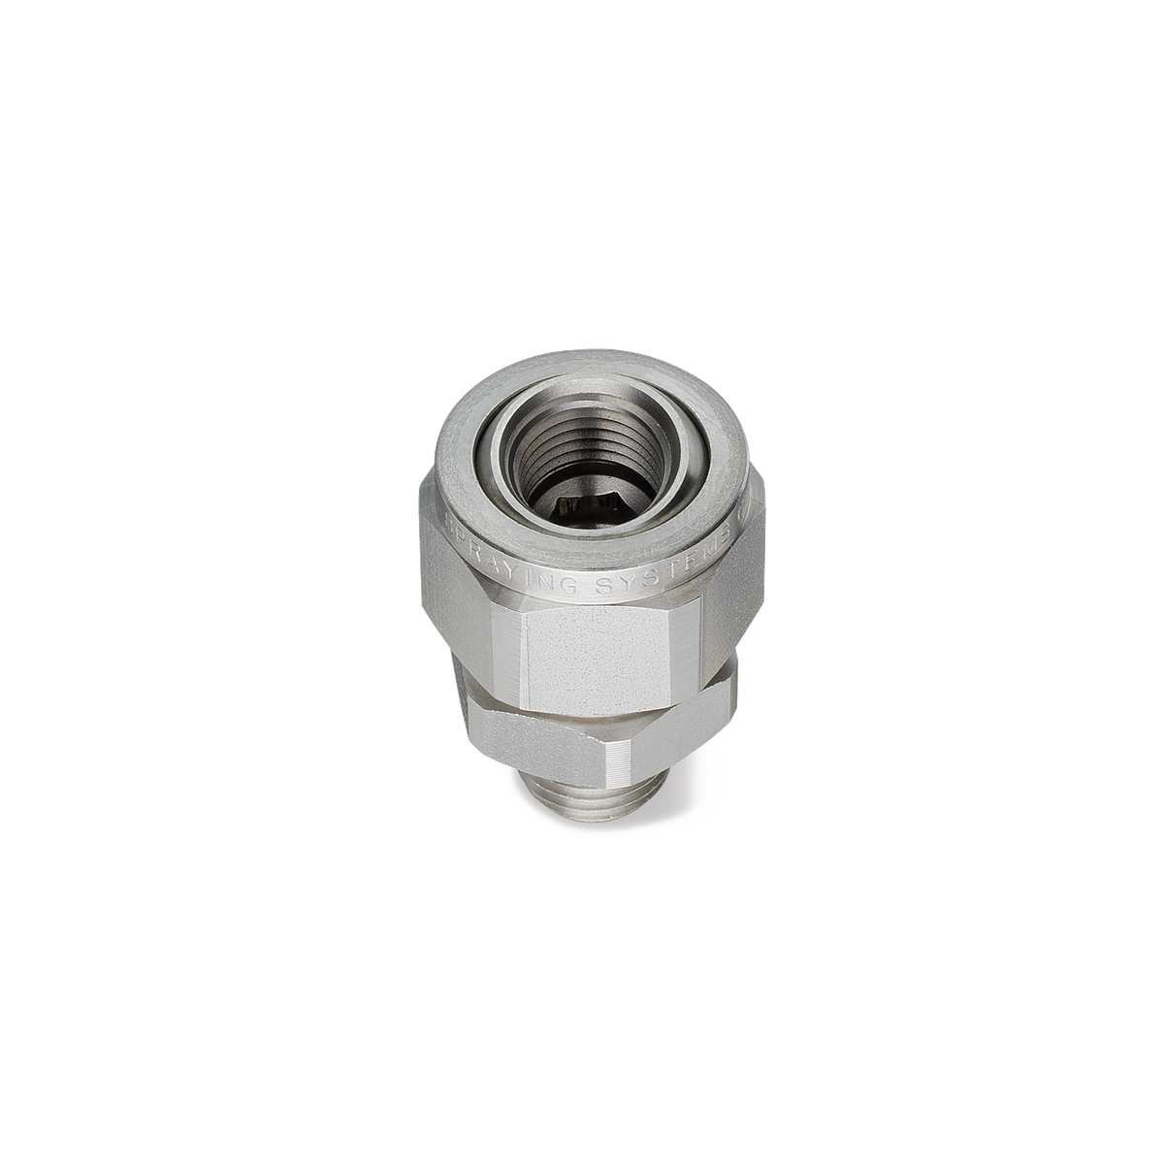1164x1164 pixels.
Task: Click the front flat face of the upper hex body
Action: (598, 660)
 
